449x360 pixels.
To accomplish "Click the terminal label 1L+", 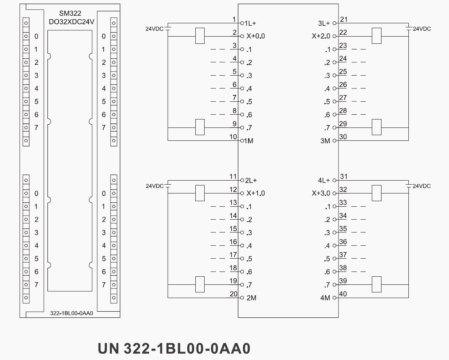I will [x=250, y=23].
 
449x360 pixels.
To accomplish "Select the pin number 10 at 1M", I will [x=233, y=137].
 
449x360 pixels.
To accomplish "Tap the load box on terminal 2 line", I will [x=200, y=36].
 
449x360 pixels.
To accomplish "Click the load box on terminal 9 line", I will [x=200, y=127].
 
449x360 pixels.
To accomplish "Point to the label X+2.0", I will [x=321, y=36].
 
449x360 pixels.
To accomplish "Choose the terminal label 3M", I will [x=325, y=141].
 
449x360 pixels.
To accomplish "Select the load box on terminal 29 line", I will [x=377, y=127].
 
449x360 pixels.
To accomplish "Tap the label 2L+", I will [x=251, y=180].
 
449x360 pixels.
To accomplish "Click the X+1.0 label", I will [x=256, y=193].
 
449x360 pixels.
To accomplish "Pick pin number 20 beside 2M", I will [x=234, y=294].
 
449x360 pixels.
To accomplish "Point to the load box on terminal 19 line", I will [x=200, y=284].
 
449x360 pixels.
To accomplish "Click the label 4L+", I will [x=324, y=180].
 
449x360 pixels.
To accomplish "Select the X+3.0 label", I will [x=321, y=193].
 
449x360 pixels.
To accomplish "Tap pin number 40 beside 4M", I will [x=343, y=294].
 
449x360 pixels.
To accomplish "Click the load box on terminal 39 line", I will [x=377, y=284].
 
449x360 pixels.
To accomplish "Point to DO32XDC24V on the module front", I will [x=70, y=21].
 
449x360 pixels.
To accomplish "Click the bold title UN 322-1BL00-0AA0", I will [x=174, y=348].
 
